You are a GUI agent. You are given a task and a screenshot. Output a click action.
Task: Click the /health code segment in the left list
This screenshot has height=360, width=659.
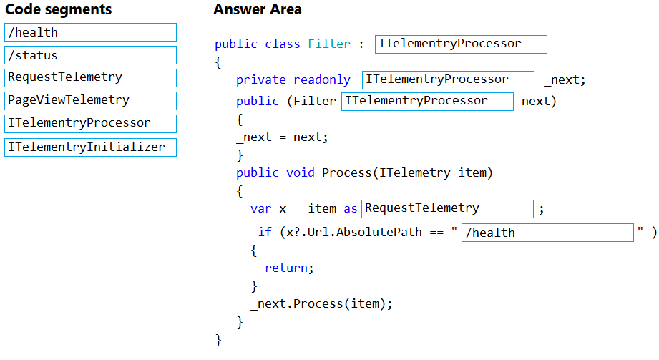(x=90, y=32)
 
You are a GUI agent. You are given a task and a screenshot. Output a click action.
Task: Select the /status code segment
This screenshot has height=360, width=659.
(x=90, y=55)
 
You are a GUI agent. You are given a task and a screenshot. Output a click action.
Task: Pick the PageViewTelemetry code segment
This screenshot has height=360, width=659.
(x=90, y=100)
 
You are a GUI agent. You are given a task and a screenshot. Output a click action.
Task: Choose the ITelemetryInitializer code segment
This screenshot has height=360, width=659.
(x=90, y=147)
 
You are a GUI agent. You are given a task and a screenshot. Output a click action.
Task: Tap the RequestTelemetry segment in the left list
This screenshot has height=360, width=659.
(x=90, y=78)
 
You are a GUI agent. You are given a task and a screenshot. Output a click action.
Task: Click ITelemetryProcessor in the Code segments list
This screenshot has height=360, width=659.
(x=90, y=124)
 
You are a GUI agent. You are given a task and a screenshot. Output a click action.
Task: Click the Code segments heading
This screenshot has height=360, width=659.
(x=59, y=9)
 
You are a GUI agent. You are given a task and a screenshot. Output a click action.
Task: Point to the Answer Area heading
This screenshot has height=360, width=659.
(x=257, y=9)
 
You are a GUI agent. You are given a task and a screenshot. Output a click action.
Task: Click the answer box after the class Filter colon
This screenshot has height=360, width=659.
(x=461, y=44)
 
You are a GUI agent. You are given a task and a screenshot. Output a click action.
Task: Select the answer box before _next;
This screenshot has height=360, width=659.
(x=448, y=80)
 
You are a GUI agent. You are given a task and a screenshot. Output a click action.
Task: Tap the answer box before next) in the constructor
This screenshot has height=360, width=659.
(x=427, y=102)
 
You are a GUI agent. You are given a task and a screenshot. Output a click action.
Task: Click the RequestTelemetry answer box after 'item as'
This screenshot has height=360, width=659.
(x=447, y=208)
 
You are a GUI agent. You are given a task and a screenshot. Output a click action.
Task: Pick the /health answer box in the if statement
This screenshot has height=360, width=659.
(x=547, y=233)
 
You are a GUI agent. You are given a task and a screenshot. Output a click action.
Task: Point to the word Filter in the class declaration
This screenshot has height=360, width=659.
(x=329, y=44)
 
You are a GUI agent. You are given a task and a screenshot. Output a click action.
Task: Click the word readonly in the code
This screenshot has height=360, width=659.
(x=322, y=80)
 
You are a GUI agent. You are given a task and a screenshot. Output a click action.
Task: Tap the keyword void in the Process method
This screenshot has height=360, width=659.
(x=300, y=173)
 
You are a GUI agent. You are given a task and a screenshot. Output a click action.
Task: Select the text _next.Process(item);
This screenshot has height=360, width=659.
(x=321, y=304)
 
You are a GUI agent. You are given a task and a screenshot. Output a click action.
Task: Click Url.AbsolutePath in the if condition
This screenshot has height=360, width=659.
(x=364, y=232)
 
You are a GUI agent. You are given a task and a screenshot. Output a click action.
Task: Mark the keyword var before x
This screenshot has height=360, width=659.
(x=261, y=208)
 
